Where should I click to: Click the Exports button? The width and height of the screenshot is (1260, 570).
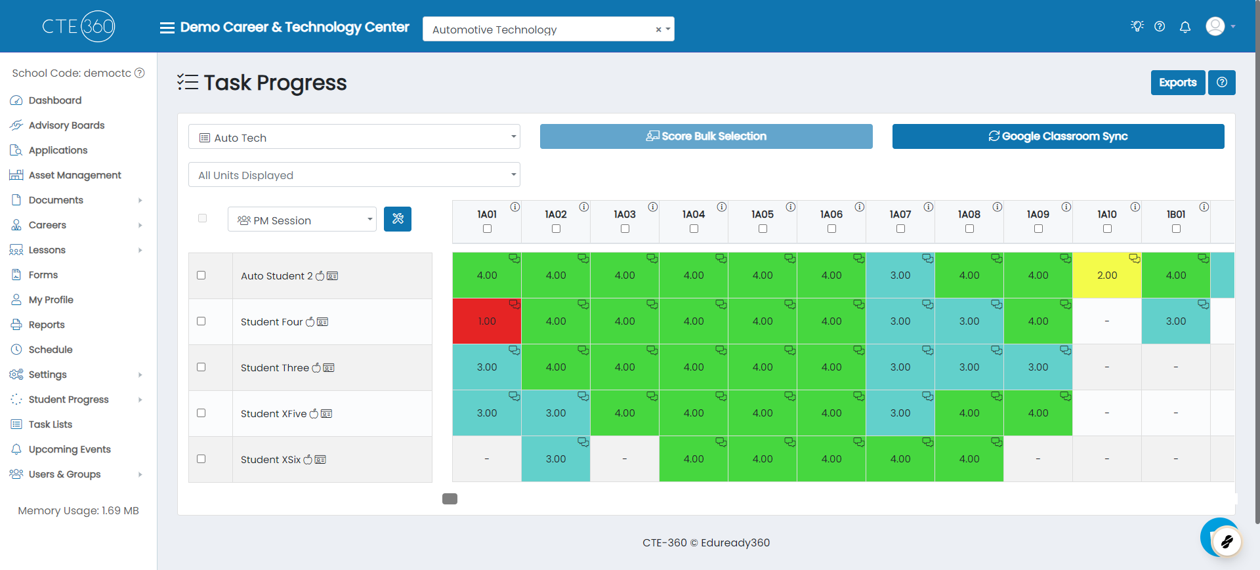[x=1177, y=83]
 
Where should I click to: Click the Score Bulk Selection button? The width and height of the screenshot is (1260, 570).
[x=706, y=136]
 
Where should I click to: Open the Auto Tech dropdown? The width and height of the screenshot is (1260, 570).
[x=354, y=137]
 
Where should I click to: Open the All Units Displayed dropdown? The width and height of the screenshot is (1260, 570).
[x=354, y=175]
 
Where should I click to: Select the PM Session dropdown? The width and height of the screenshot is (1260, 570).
[x=302, y=220]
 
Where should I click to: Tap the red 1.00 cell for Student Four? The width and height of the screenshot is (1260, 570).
[x=487, y=321]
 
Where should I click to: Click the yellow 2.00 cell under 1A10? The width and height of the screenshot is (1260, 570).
[x=1107, y=275]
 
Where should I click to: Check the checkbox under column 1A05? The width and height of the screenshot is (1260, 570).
[x=763, y=229]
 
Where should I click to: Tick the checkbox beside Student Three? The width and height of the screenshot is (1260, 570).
[x=201, y=367]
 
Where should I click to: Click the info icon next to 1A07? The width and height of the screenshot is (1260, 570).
[x=929, y=207]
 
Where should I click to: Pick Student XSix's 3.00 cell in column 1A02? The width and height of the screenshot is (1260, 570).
[x=556, y=459]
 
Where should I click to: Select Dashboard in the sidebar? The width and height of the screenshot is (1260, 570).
[x=55, y=100]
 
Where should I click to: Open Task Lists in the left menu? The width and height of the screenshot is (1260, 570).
[x=51, y=424]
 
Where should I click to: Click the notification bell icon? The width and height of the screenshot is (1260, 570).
[x=1185, y=27]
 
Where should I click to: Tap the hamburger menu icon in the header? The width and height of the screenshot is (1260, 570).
[x=167, y=28]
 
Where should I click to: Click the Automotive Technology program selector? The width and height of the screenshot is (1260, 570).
[x=548, y=30]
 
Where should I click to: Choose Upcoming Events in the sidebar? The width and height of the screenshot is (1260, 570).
[x=70, y=449]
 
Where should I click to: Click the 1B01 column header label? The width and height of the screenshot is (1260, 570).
[x=1176, y=214]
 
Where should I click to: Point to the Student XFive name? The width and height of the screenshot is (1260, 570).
[x=274, y=414]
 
